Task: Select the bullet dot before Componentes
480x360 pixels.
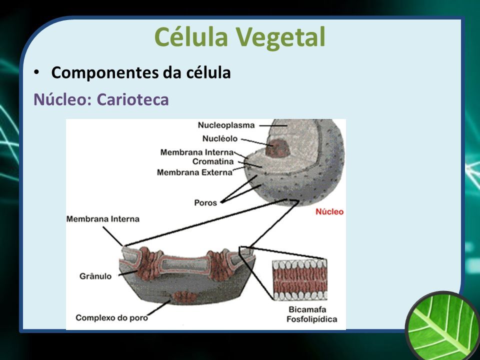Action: pos(36,72)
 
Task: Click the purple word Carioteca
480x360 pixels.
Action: pos(133,99)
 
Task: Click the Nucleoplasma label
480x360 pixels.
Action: pos(226,125)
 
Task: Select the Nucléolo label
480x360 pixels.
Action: pos(220,138)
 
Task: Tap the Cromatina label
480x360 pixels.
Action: pos(213,161)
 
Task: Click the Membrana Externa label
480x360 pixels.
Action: pos(194,172)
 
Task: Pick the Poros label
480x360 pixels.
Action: pos(205,202)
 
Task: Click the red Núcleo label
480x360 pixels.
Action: pos(329,211)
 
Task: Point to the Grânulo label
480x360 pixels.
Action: pos(95,276)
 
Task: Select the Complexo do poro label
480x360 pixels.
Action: pos(111,318)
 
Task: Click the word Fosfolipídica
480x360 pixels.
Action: pos(311,319)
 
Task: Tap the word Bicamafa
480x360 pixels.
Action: pos(307,309)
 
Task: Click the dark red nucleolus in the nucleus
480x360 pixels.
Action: pos(278,148)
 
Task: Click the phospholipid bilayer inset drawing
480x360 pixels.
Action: pos(299,279)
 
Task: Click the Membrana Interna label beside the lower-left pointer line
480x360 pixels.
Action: pos(103,219)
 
